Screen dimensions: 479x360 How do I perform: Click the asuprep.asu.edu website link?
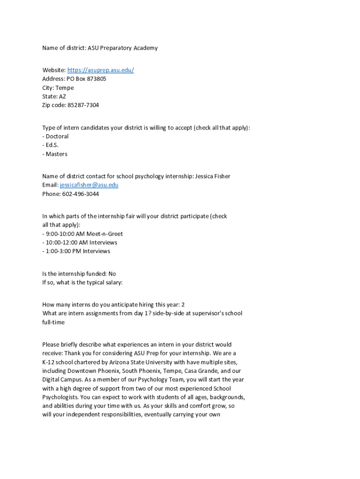point(101,70)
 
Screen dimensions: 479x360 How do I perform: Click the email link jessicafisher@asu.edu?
point(89,185)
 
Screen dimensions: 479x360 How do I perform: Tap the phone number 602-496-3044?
point(80,194)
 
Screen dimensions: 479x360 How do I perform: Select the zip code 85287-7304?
point(83,105)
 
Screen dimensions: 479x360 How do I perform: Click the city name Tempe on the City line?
point(65,88)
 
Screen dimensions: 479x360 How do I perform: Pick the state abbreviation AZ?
point(62,96)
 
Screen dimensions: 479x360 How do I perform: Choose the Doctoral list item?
point(57,137)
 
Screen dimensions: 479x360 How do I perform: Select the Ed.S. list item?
point(52,145)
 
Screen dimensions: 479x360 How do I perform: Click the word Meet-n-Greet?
point(105,234)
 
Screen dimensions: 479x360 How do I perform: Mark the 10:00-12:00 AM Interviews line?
point(81,242)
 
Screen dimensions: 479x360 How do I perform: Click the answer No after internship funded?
point(112,274)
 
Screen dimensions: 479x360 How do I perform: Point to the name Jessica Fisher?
point(212,176)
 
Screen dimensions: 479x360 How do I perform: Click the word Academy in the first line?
point(145,48)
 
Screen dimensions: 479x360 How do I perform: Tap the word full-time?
point(53,322)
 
